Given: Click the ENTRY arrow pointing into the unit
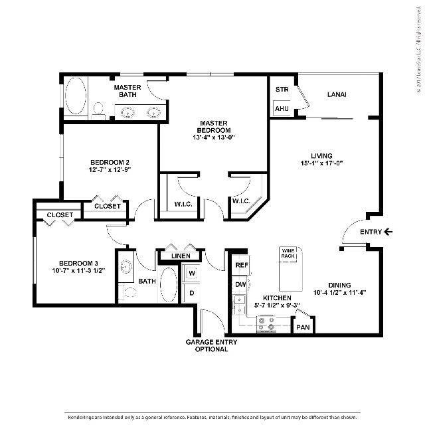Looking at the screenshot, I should [388, 232].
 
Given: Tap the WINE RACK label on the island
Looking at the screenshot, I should [288, 253].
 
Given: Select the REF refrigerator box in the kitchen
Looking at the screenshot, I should [242, 265].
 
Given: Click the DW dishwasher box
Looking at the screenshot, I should [242, 284].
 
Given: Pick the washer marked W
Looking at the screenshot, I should [192, 272].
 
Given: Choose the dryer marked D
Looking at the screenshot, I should [192, 292].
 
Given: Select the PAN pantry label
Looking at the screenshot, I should [303, 327].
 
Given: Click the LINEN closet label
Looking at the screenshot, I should [181, 256].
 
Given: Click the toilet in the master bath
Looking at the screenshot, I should [99, 109].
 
